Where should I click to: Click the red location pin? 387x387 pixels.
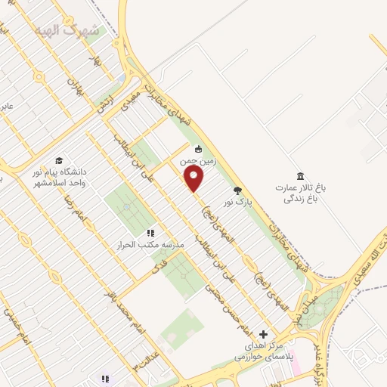tap(194, 178)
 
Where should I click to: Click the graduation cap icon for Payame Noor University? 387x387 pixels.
tap(59, 159)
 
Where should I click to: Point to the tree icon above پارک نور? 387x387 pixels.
tap(237, 190)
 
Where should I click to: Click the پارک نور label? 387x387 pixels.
tap(234, 203)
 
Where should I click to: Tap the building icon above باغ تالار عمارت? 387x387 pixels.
tap(300, 175)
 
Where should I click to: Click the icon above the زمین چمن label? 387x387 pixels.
tap(198, 149)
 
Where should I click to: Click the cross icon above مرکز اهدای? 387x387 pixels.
tap(263, 333)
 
